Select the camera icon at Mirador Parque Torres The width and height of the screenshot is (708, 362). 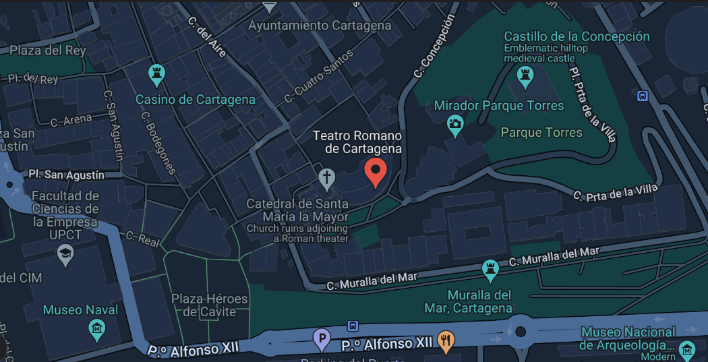(x=456, y=124)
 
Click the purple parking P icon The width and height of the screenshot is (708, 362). (x=322, y=338)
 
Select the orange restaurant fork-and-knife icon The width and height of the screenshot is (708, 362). (x=445, y=340)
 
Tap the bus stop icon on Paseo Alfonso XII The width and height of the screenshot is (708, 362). (x=353, y=326)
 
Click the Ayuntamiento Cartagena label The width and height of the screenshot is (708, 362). (x=320, y=26)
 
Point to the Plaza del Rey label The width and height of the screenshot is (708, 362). (x=47, y=51)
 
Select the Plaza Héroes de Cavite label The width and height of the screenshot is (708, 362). (x=209, y=305)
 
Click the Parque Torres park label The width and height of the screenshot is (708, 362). (x=541, y=132)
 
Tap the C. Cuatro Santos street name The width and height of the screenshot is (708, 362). (x=318, y=77)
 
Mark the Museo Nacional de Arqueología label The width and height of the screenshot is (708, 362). (x=628, y=338)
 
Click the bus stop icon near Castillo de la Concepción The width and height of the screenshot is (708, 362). (x=643, y=96)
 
